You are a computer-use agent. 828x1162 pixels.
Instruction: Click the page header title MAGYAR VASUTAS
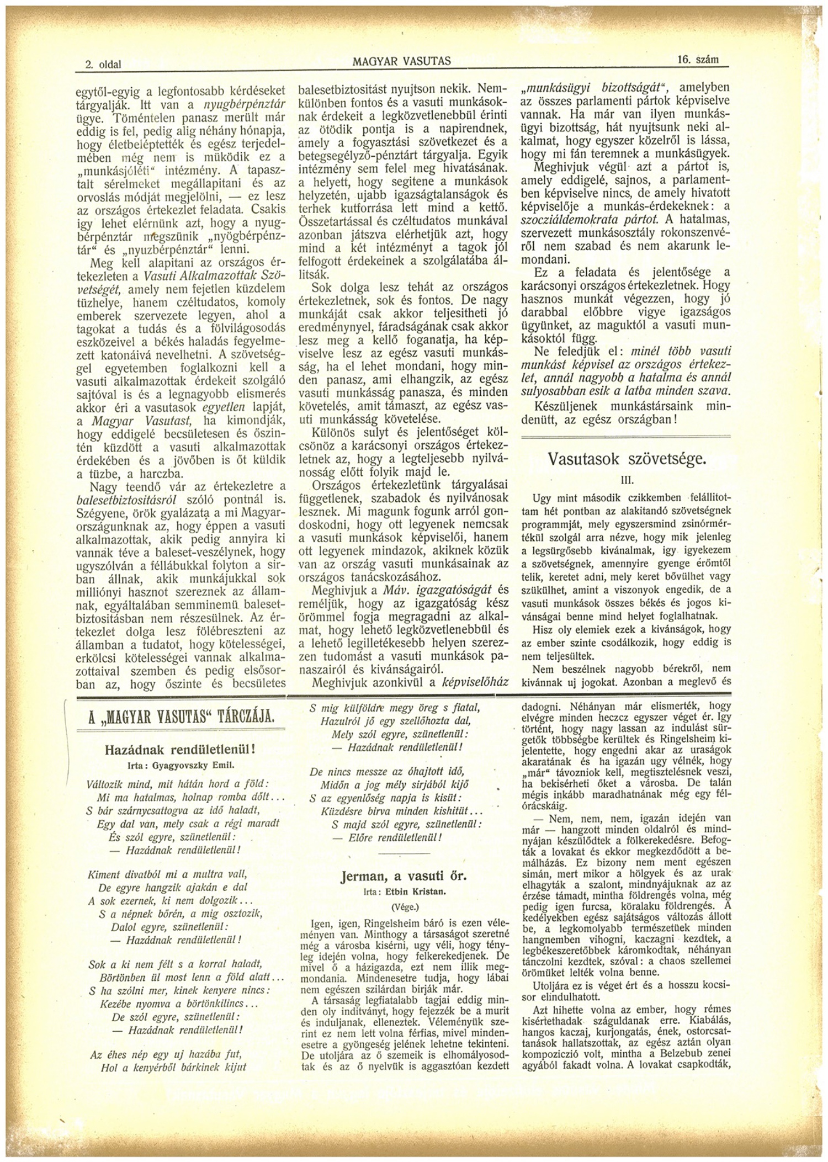point(401,62)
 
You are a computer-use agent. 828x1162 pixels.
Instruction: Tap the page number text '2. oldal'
point(103,65)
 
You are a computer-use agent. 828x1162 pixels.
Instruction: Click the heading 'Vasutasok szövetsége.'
point(627,459)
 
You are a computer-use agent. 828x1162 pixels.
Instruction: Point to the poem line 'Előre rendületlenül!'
point(395,837)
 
